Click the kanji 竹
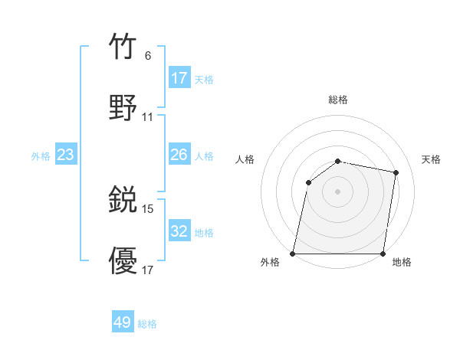(123, 47)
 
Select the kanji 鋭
(123, 201)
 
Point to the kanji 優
(123, 260)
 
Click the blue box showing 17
(179, 77)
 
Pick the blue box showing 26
(179, 155)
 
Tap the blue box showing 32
(179, 231)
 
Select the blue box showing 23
(66, 155)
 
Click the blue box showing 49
(123, 322)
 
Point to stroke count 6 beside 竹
(147, 55)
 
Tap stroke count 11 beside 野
(148, 116)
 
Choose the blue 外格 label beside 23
(41, 155)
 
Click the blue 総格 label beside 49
(147, 324)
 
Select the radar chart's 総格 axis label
(338, 100)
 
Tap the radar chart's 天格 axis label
(432, 159)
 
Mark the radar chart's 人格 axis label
(245, 159)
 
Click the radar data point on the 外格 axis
(293, 253)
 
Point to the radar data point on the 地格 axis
(383, 253)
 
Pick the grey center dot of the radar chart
(338, 191)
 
